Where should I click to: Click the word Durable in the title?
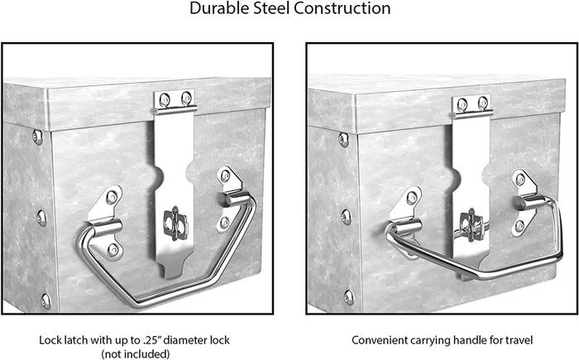click(218, 8)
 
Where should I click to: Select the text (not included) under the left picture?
click(136, 353)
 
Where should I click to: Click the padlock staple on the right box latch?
click(471, 224)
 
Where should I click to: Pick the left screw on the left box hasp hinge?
click(164, 99)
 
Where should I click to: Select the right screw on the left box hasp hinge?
click(186, 98)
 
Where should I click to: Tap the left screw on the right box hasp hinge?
click(462, 104)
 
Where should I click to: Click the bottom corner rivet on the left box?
click(45, 301)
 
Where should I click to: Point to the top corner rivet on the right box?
click(343, 140)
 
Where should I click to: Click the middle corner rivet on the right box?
click(346, 217)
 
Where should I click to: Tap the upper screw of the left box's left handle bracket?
click(112, 197)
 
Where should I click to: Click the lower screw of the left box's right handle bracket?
click(224, 223)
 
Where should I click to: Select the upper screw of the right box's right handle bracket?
click(520, 180)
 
